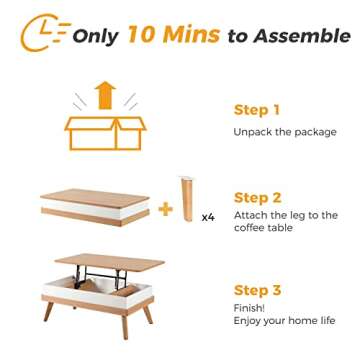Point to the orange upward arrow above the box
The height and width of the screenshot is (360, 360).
tap(105, 97)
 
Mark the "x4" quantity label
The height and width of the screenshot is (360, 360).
tap(208, 215)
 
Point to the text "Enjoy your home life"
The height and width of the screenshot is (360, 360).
tap(284, 322)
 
